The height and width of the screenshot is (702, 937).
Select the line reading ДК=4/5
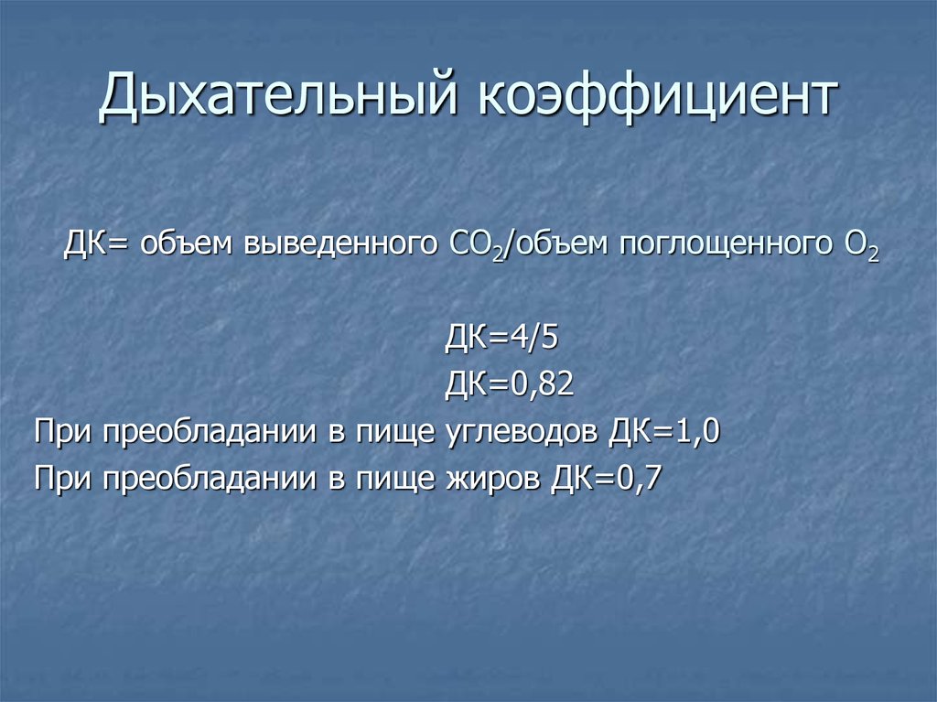pos(501,338)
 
